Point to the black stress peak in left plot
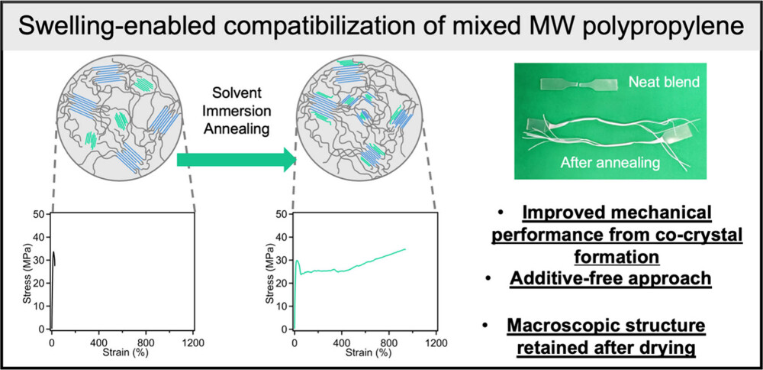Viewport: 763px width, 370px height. pos(53,252)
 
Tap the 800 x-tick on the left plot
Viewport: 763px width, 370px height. pos(146,340)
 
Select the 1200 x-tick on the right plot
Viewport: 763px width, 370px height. pos(436,341)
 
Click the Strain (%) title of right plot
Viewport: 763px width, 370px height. pos(365,352)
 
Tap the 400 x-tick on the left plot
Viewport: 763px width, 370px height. pos(99,340)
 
